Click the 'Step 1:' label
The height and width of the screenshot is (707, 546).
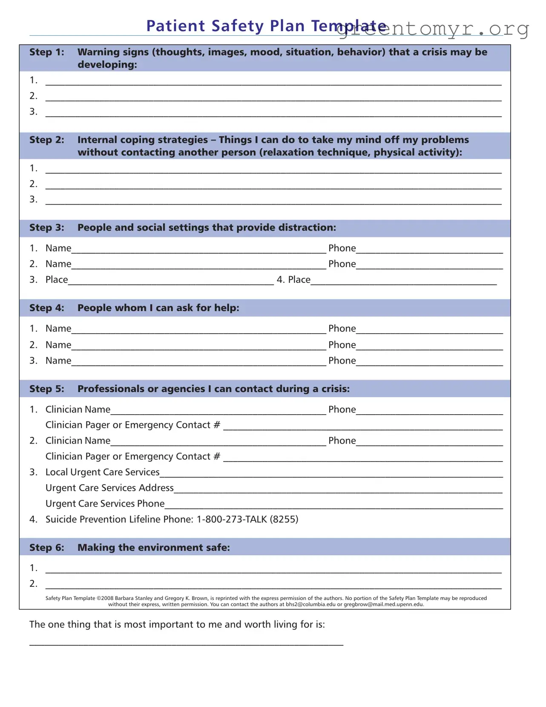46,52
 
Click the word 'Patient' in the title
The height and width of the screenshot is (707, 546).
175,26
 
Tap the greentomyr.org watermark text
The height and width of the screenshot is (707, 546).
432,29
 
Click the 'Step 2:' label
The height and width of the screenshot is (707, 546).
46,140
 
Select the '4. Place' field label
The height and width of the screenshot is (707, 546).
293,280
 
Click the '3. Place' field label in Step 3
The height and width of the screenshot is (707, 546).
56,280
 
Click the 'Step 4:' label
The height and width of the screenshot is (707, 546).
46,308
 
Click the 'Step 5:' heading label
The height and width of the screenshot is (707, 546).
46,389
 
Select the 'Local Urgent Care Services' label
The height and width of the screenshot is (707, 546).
102,472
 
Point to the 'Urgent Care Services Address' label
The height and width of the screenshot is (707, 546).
109,488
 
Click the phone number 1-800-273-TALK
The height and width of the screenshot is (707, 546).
232,519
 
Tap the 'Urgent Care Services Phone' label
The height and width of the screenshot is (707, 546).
105,504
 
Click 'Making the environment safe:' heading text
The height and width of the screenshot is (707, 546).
153,548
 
